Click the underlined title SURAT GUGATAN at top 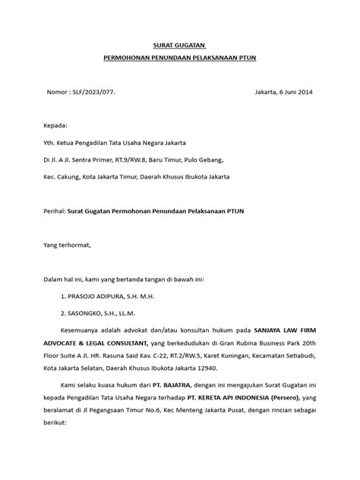179,45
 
